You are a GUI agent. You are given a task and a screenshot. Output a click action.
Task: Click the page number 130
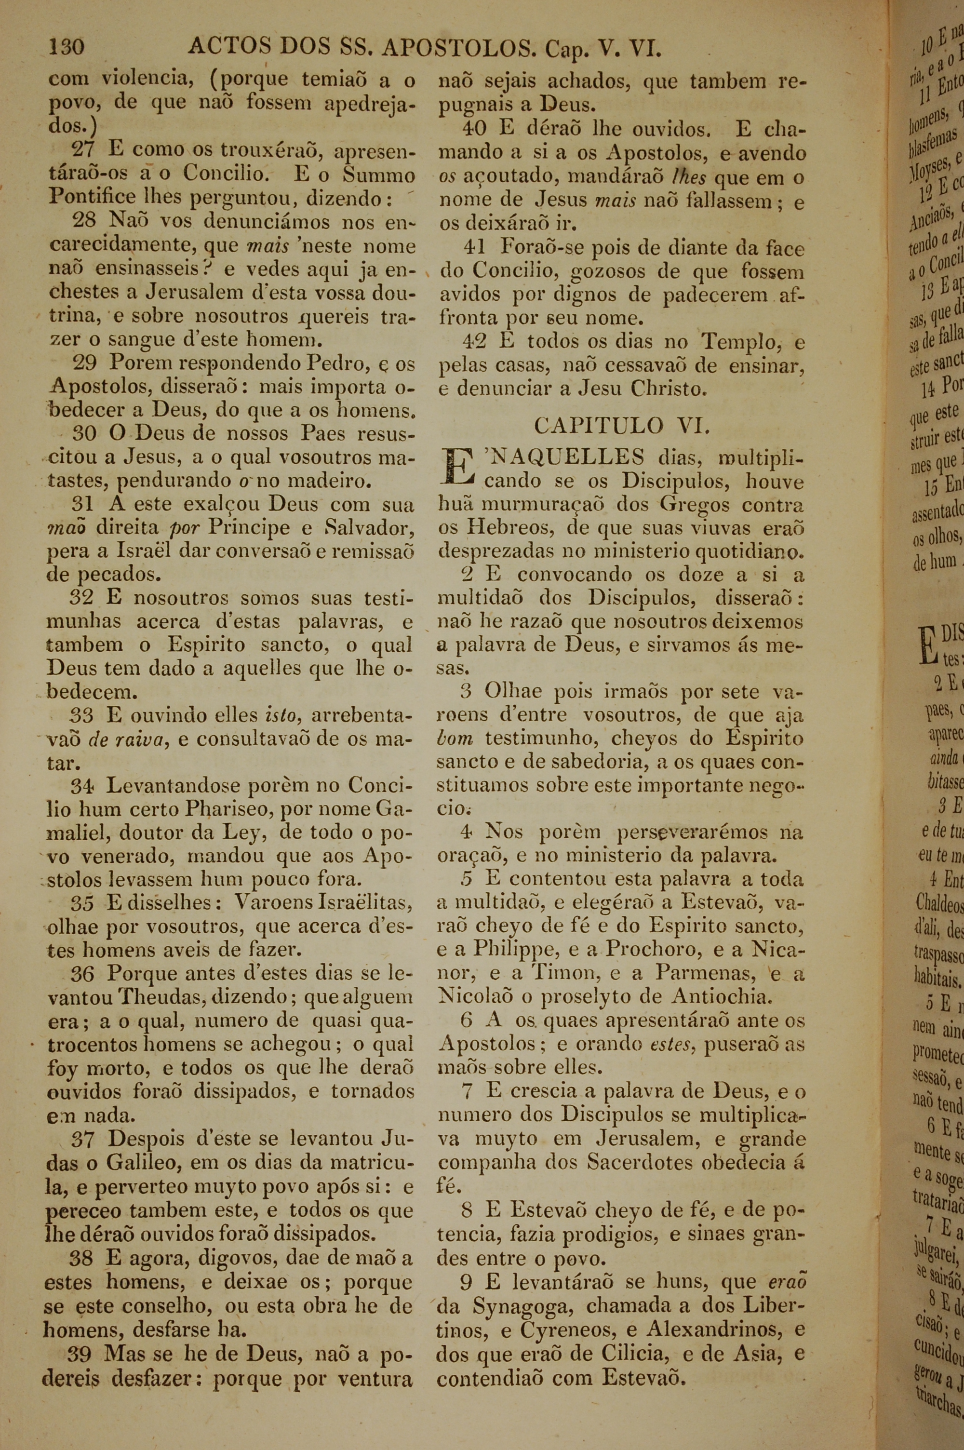tap(67, 47)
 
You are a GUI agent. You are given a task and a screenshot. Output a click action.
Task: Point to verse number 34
tap(83, 786)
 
